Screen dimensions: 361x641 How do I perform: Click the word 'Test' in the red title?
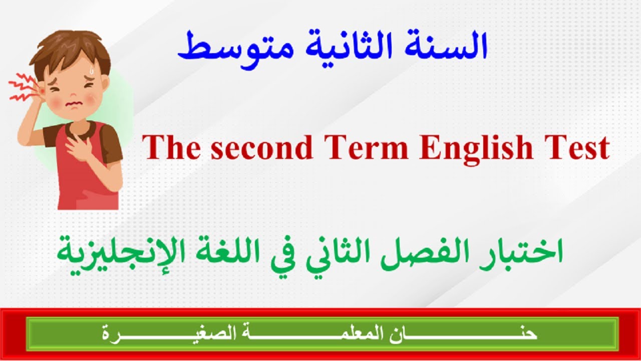[x=577, y=148]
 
